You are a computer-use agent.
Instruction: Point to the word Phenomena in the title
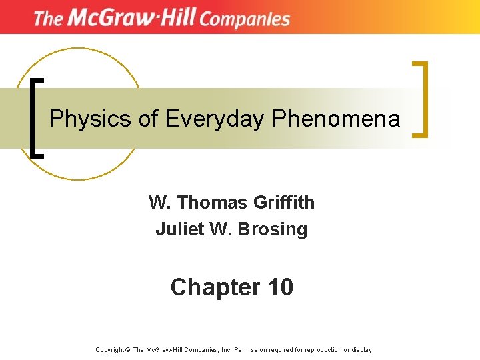pos(336,119)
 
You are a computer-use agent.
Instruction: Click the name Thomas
pos(206,202)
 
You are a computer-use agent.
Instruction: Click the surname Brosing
pos(275,229)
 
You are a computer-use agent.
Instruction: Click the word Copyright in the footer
pos(110,349)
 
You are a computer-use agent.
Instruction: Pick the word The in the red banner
pos(47,19)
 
